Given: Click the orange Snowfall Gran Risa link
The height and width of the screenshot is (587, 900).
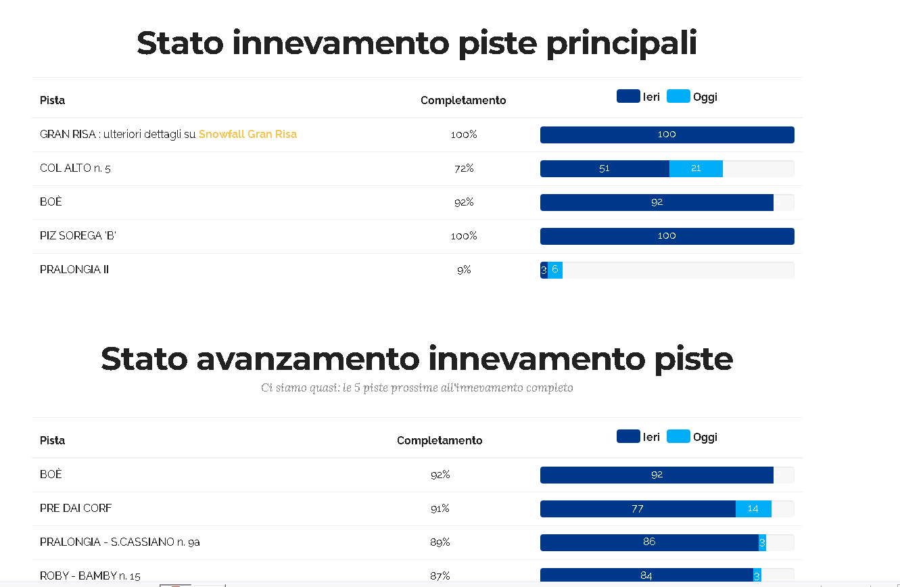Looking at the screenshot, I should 247,134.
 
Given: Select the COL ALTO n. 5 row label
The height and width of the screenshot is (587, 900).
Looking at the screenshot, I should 75,168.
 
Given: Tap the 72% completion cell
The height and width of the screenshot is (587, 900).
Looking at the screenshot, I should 464,168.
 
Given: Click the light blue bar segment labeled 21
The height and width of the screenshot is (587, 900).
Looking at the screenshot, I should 696,168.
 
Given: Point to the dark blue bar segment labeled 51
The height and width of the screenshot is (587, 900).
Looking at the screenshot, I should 605,168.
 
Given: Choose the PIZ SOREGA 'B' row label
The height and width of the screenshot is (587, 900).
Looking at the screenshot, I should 78,236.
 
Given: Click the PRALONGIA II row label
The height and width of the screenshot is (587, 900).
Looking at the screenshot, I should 74,270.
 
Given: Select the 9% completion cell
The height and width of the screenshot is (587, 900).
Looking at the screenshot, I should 464,270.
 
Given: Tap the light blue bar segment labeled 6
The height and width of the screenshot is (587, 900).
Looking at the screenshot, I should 555,270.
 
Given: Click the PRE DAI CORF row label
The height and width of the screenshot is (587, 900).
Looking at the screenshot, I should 76,509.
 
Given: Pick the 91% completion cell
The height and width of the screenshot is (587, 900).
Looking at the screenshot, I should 440,509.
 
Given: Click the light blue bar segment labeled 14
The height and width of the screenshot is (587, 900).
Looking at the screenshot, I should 753,509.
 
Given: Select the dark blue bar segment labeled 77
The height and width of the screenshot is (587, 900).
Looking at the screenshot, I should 638,509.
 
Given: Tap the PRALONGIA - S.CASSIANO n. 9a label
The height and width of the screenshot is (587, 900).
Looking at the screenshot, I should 120,542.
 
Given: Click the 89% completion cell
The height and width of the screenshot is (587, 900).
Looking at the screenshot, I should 440,542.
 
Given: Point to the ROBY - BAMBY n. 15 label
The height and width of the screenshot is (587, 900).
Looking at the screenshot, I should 90,576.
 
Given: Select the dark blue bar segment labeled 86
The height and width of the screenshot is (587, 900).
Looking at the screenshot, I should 649,542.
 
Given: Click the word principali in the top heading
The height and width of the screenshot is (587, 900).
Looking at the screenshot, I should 621,43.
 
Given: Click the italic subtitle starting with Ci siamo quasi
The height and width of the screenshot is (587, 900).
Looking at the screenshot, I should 417,388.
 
